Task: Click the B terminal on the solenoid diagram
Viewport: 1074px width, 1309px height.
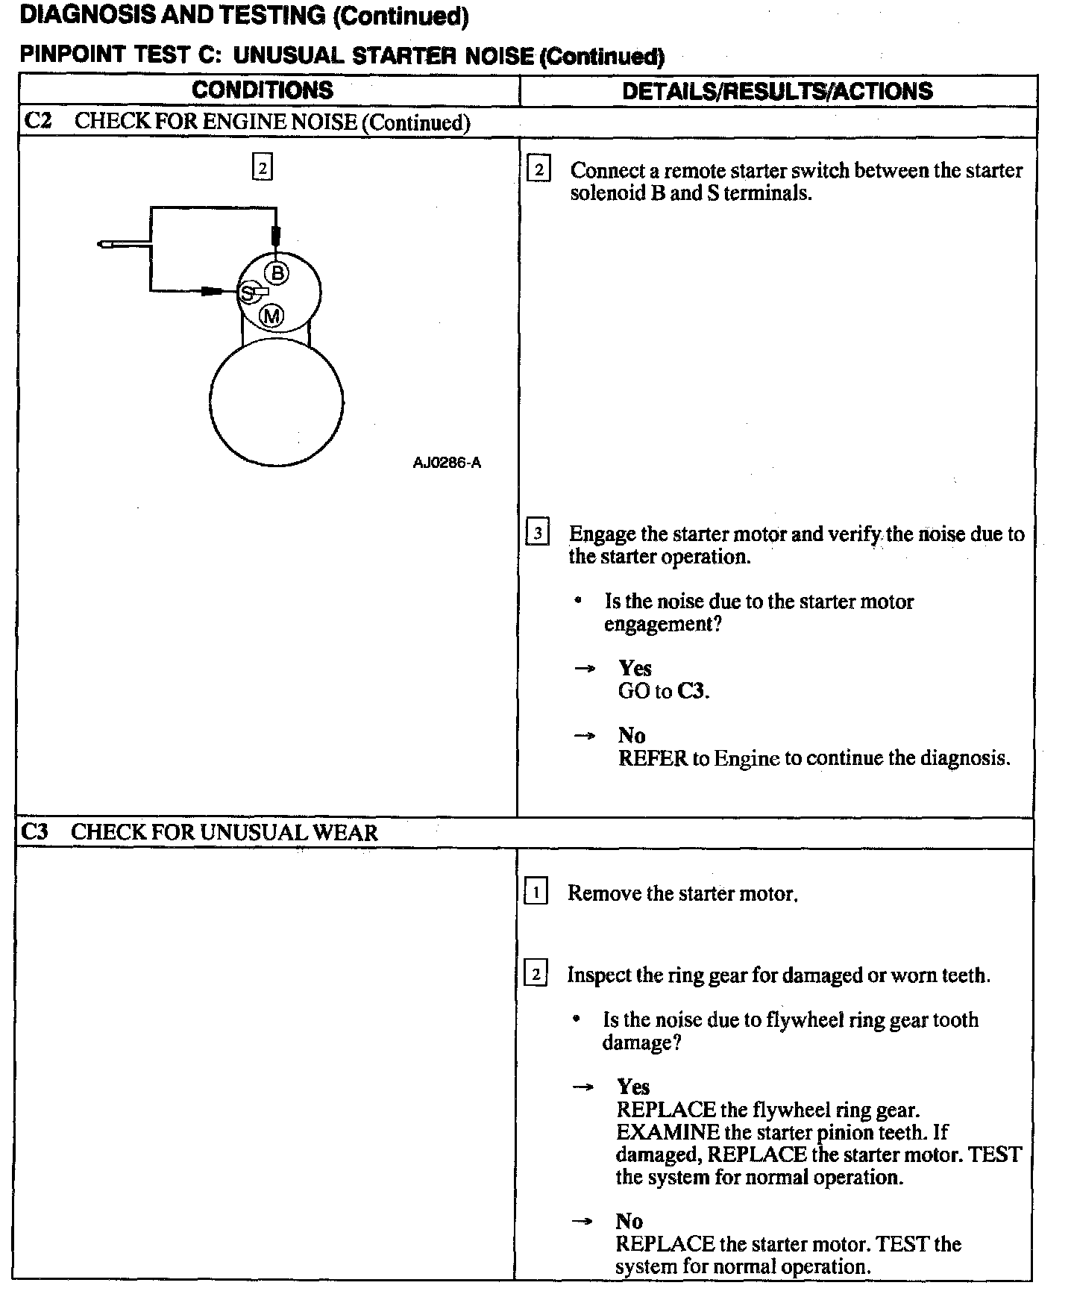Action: tap(277, 273)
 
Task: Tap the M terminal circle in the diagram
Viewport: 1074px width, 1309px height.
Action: tap(271, 316)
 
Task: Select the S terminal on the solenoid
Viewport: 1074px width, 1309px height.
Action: tap(247, 293)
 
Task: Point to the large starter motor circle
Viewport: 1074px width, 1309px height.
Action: tap(276, 403)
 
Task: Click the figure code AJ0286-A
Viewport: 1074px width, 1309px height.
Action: tap(447, 463)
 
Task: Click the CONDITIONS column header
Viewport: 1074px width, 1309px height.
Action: tap(263, 90)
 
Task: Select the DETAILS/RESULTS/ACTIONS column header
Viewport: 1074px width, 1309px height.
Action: tap(777, 91)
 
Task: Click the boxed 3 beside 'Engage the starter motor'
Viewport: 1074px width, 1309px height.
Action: tap(537, 534)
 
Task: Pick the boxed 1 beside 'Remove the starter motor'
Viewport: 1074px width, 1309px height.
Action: tap(536, 892)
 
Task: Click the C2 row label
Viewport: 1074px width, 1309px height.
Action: tap(37, 122)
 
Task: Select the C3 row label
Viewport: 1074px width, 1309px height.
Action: tap(34, 832)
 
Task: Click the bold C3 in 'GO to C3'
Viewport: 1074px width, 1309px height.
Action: tap(691, 691)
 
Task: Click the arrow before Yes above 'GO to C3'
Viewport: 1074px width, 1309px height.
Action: tap(584, 669)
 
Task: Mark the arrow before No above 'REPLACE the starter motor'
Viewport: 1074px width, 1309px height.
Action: tap(582, 1222)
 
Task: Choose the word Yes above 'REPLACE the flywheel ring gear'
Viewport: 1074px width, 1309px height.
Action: tap(633, 1087)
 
